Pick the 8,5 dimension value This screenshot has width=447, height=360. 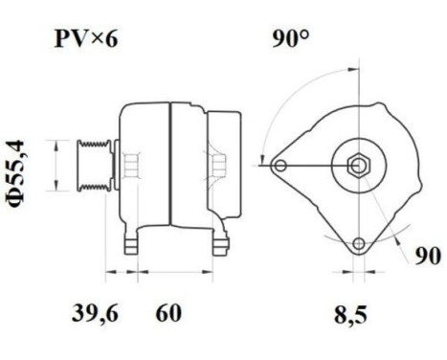pyautogui.click(x=351, y=313)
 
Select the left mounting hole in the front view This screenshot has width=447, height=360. pyautogui.click(x=279, y=167)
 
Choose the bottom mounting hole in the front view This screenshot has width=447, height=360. pyautogui.click(x=359, y=244)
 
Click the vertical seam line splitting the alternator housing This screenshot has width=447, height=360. pyautogui.click(x=170, y=168)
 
